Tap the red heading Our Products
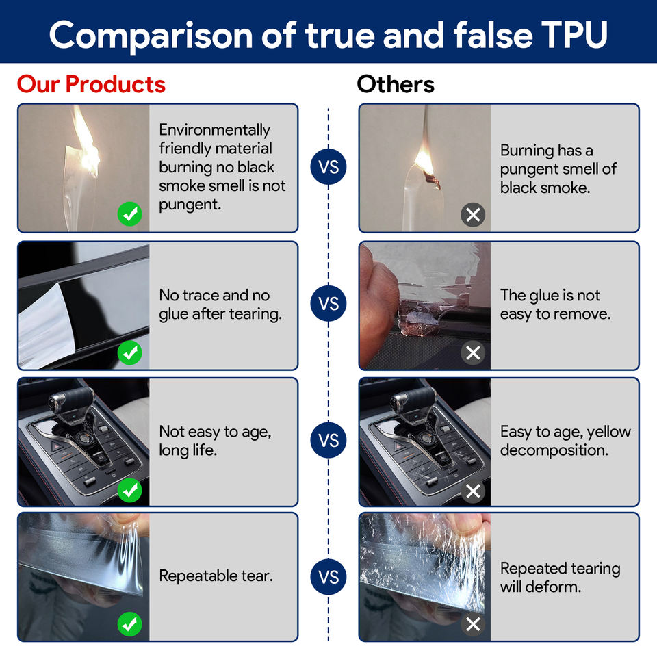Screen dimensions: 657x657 tap(91, 84)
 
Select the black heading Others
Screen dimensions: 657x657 tap(396, 84)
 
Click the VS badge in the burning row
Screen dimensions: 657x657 tap(328, 168)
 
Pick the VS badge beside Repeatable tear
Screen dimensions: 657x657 tap(328, 577)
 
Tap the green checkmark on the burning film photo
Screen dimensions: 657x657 tap(129, 215)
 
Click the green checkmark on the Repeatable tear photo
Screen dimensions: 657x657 tap(129, 623)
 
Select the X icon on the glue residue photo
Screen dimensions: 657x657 tap(472, 352)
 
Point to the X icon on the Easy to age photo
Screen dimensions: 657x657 tap(472, 490)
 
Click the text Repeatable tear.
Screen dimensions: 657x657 tap(216, 576)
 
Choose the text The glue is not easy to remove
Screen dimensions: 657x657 tap(555, 305)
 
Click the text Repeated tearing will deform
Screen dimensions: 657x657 tap(560, 577)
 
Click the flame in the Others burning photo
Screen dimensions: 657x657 tap(424, 162)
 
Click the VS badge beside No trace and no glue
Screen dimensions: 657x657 tap(328, 304)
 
